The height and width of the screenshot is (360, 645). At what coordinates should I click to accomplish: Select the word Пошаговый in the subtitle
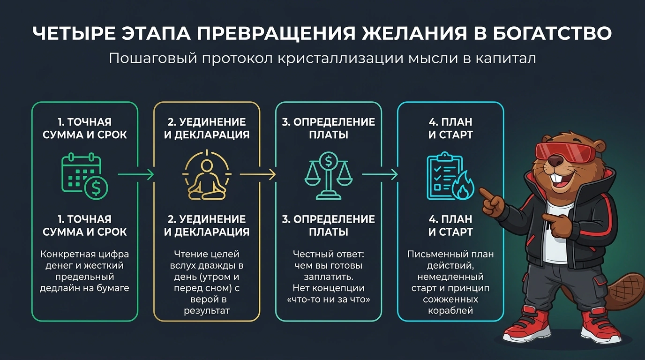[153, 59]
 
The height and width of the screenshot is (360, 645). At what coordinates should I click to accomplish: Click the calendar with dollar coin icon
[85, 176]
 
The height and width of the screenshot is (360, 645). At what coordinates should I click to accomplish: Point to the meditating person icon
[207, 175]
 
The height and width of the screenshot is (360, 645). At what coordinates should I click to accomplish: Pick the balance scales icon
[329, 176]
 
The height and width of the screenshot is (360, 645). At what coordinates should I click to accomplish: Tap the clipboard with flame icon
[450, 176]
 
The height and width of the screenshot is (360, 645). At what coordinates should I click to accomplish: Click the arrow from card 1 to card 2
[136, 174]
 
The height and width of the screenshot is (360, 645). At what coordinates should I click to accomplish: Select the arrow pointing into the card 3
[258, 174]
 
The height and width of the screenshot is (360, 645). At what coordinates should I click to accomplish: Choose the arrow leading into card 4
[380, 174]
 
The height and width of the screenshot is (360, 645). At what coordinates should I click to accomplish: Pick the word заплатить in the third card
[329, 277]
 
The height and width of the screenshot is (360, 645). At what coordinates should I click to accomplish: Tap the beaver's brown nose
[555, 161]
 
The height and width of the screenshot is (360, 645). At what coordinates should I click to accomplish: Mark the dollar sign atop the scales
[329, 161]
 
